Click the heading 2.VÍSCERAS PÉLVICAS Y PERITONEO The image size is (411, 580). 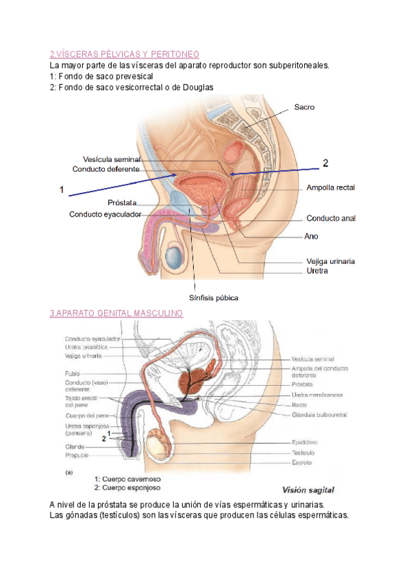point(125,54)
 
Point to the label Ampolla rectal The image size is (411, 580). point(331,187)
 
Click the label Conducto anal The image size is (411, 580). point(331,218)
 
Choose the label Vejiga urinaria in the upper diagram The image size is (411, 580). point(330,261)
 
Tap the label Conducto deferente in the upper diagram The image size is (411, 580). point(106,169)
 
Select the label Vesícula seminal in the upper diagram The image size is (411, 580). point(111,159)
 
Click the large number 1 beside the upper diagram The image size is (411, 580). point(62,190)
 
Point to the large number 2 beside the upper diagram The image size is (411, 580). point(325,163)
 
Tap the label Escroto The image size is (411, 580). point(301,462)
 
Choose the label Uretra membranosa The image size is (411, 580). point(317,395)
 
